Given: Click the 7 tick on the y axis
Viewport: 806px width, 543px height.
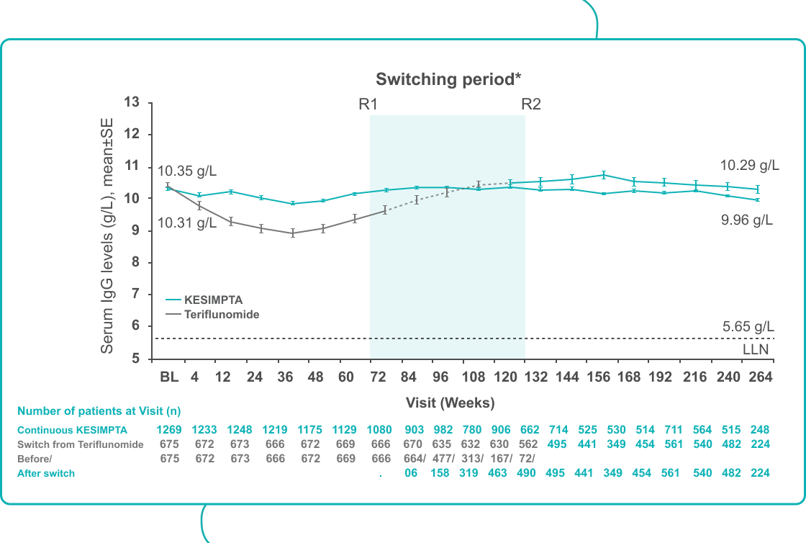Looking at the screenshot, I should click(x=135, y=295).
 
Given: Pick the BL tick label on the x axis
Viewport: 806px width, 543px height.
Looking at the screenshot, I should click(x=168, y=377).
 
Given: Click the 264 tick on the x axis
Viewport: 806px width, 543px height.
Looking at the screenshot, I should click(x=761, y=377).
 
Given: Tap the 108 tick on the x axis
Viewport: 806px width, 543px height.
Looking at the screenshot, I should click(x=473, y=377).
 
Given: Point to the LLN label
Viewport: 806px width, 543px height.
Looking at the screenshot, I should click(x=756, y=350).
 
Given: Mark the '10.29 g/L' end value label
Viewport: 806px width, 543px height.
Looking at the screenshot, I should click(x=749, y=166).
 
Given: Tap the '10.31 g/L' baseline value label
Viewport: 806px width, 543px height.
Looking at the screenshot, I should click(x=187, y=223).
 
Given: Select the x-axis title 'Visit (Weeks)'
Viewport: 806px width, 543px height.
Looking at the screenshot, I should click(x=450, y=402).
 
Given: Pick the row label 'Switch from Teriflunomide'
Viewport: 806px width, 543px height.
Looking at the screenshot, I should click(x=81, y=444).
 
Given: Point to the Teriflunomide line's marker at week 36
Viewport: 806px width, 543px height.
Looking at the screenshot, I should click(x=293, y=233).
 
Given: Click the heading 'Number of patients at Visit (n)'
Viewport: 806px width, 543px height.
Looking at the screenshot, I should click(x=99, y=411).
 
